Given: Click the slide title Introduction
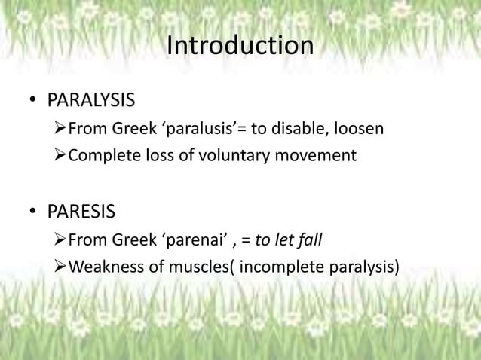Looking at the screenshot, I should click(x=240, y=47).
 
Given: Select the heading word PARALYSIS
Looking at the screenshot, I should click(x=91, y=101).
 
